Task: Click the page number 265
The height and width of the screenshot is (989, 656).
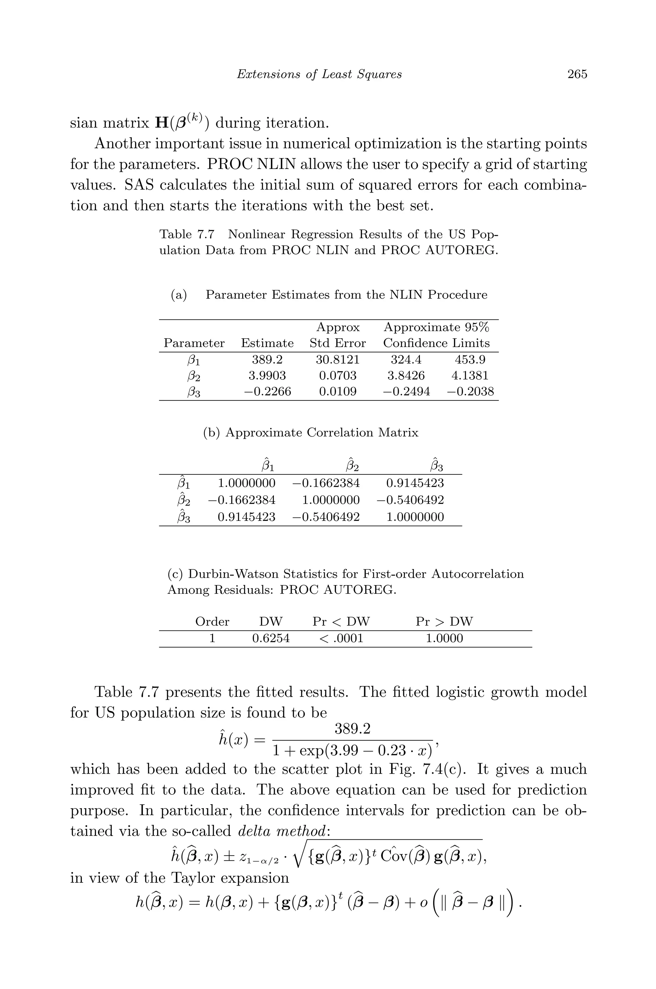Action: [x=577, y=74]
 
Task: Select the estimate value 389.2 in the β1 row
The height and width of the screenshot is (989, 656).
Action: [x=267, y=359]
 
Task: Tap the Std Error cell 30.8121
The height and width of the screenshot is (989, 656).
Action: [x=337, y=359]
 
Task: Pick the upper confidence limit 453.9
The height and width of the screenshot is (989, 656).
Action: [x=470, y=359]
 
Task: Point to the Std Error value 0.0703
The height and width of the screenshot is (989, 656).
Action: [x=337, y=375]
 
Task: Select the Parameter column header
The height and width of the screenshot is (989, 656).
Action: [x=194, y=343]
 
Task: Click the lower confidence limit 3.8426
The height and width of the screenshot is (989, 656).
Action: [x=406, y=375]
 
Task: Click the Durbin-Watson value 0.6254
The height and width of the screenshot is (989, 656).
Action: [x=271, y=638]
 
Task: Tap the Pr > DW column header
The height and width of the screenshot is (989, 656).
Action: [x=444, y=622]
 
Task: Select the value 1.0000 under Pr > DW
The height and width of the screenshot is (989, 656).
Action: [x=444, y=638]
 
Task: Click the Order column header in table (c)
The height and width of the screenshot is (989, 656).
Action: [x=212, y=622]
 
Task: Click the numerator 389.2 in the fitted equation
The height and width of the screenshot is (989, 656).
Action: [x=352, y=729]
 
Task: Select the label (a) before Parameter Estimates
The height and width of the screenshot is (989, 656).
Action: [x=179, y=295]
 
